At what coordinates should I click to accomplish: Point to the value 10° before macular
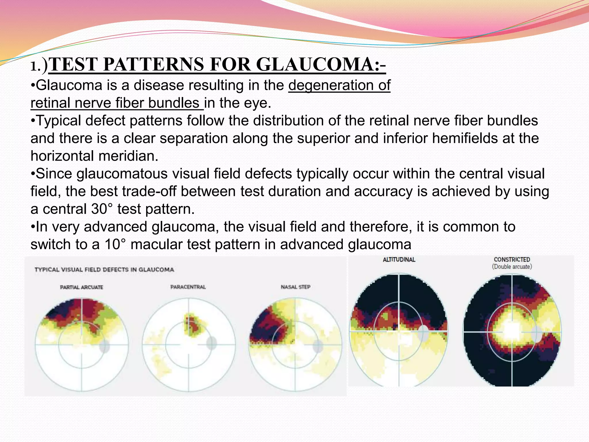pyautogui.click(x=115, y=244)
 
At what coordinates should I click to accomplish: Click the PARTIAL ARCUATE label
pyautogui.click(x=81, y=287)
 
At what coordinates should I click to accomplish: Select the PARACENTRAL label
pyautogui.click(x=188, y=287)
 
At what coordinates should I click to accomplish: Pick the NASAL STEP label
pyautogui.click(x=295, y=287)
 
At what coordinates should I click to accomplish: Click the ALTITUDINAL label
pyautogui.click(x=399, y=260)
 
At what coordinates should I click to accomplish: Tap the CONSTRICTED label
pyautogui.click(x=512, y=260)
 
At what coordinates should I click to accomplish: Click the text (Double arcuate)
pyautogui.click(x=512, y=267)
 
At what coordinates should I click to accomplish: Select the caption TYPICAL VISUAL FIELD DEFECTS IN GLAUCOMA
pyautogui.click(x=104, y=270)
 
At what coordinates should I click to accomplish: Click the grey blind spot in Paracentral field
pyautogui.click(x=211, y=343)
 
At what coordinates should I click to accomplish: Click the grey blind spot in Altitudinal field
pyautogui.click(x=423, y=333)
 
